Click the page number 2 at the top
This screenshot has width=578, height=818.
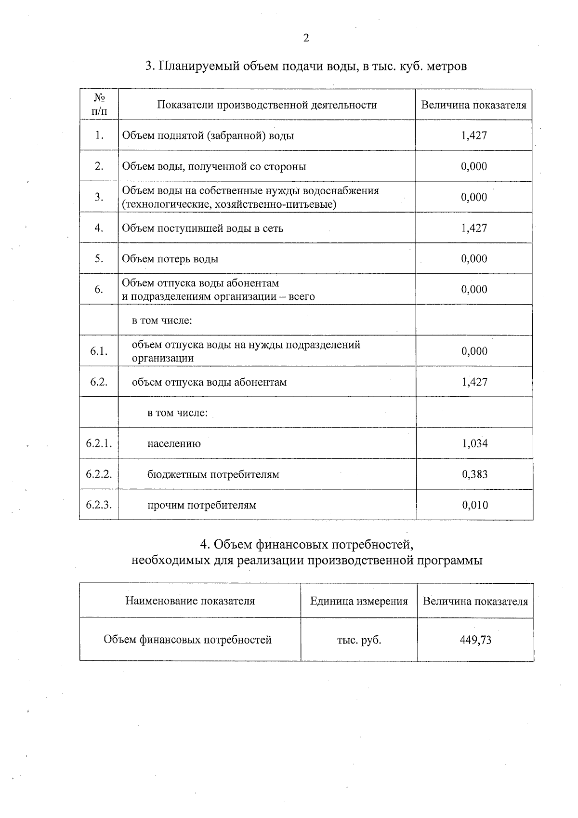click(306, 39)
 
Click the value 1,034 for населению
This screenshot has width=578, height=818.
click(474, 443)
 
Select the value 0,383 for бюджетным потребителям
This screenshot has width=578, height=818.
click(474, 474)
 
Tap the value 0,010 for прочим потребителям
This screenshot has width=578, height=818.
click(474, 505)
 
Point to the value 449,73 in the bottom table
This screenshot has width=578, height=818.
click(475, 640)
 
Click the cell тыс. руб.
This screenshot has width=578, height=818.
click(359, 640)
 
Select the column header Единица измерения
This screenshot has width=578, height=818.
click(359, 601)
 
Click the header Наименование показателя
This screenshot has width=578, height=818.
click(190, 601)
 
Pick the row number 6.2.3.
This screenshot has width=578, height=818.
click(99, 505)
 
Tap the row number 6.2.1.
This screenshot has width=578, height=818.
click(99, 443)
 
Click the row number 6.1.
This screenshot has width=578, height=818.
click(99, 351)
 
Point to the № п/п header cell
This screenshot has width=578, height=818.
click(99, 105)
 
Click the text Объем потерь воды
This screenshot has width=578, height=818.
click(170, 259)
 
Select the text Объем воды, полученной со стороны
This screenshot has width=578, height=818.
click(214, 166)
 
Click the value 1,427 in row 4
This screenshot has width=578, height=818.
click(474, 228)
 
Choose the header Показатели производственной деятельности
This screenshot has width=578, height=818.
click(267, 105)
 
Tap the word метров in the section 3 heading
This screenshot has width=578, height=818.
click(447, 66)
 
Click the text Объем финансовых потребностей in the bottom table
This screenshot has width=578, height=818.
click(188, 640)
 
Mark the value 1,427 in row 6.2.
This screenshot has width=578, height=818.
click(474, 382)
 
